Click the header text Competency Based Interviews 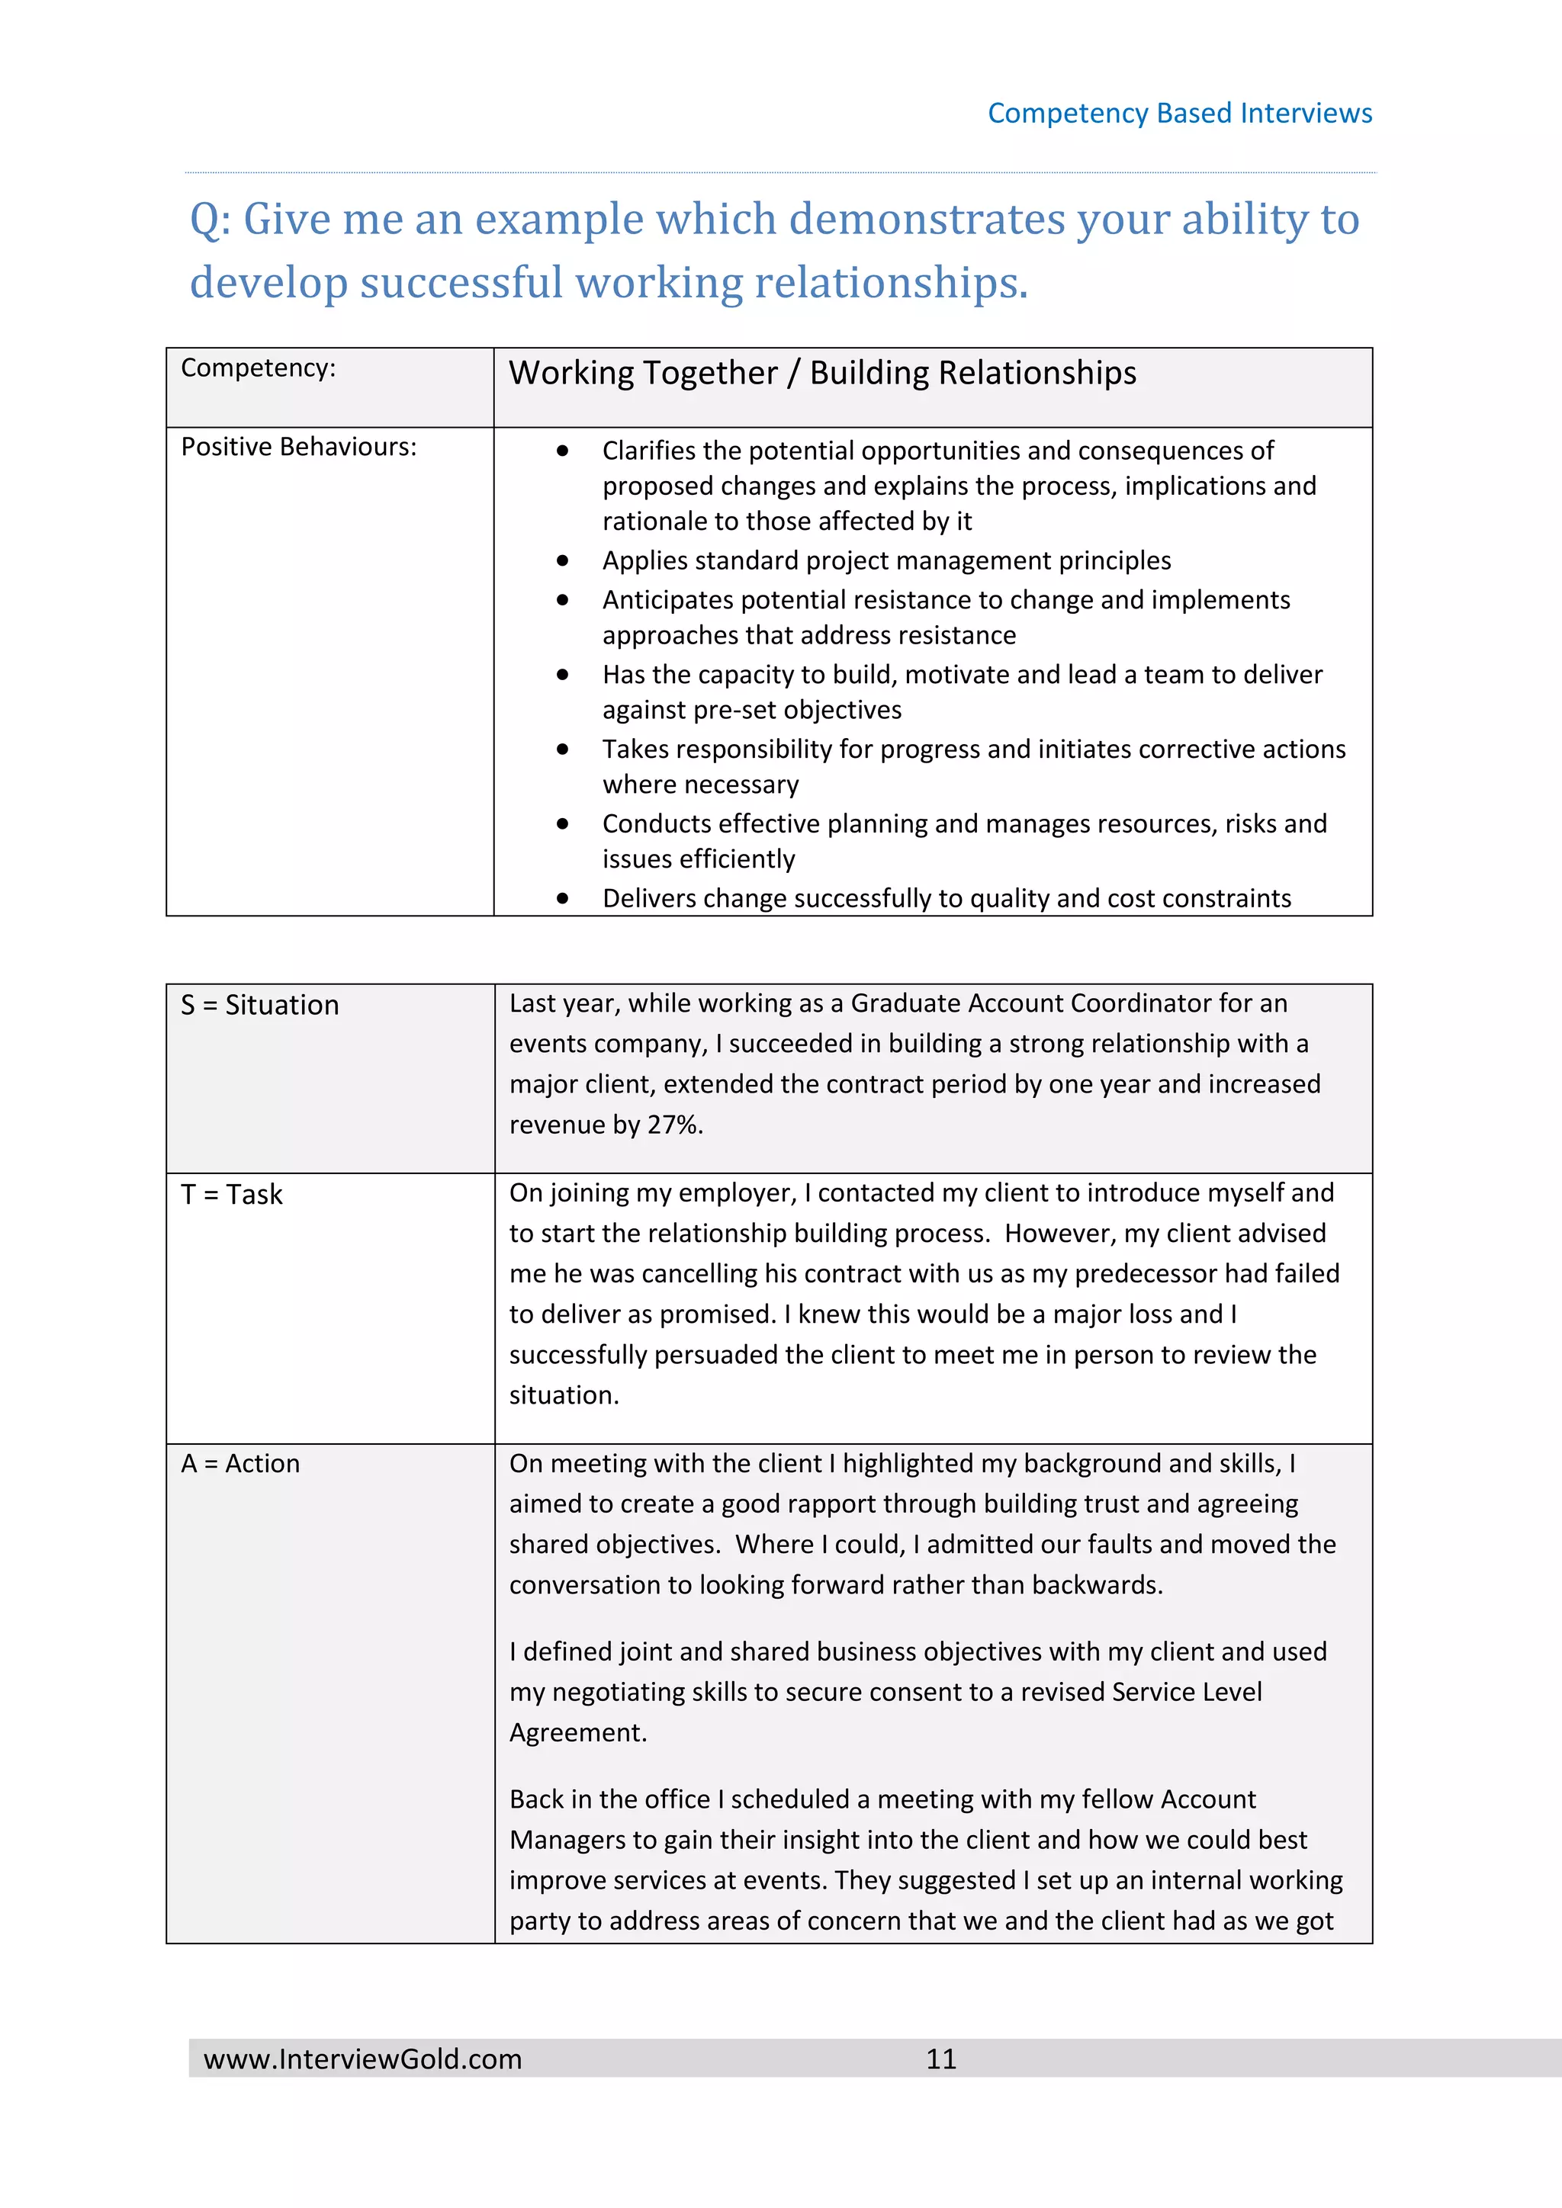click(1179, 114)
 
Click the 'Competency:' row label click(258, 368)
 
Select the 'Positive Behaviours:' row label click(298, 448)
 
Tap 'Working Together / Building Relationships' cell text click(821, 373)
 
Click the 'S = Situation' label click(259, 1005)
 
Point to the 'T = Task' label click(232, 1195)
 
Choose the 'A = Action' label click(240, 1464)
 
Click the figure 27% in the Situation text click(674, 1125)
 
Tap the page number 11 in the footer click(940, 2059)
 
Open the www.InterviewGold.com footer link click(362, 2059)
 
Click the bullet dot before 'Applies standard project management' click(563, 560)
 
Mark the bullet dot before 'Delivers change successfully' click(563, 898)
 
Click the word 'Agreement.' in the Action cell click(578, 1733)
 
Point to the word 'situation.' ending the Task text click(564, 1395)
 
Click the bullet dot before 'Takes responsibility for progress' click(563, 749)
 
